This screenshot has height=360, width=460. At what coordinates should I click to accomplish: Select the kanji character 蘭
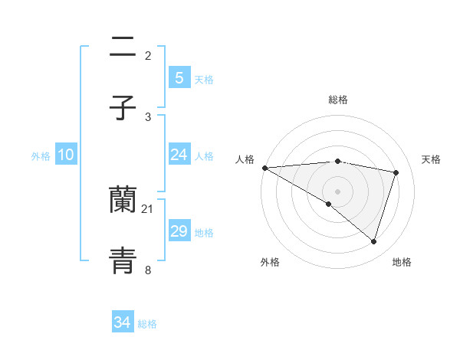123,200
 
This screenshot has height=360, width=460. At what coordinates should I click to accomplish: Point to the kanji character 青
123,261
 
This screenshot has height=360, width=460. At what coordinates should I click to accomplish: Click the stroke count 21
148,208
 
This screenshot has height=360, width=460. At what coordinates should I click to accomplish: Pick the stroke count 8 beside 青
148,270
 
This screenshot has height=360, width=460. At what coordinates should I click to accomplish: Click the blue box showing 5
179,77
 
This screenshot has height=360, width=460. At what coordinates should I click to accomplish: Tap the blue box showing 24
179,155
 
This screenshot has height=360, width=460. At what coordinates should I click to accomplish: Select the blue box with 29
179,231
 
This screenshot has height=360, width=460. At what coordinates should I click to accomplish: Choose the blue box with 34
122,322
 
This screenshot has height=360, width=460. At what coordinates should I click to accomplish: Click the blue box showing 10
65,155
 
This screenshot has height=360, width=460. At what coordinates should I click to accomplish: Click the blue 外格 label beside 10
41,155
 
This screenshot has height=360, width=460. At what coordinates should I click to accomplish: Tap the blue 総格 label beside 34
147,323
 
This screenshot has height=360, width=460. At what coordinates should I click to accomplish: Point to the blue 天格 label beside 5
204,79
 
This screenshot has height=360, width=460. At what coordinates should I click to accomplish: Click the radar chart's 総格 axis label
337,100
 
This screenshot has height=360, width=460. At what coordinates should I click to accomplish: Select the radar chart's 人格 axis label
245,159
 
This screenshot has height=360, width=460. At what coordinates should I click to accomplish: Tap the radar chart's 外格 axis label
270,262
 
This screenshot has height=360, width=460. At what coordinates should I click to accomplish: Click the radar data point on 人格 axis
264,168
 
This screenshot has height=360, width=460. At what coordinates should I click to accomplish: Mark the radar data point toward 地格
373,241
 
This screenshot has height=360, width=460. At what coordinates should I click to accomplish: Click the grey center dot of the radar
337,191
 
